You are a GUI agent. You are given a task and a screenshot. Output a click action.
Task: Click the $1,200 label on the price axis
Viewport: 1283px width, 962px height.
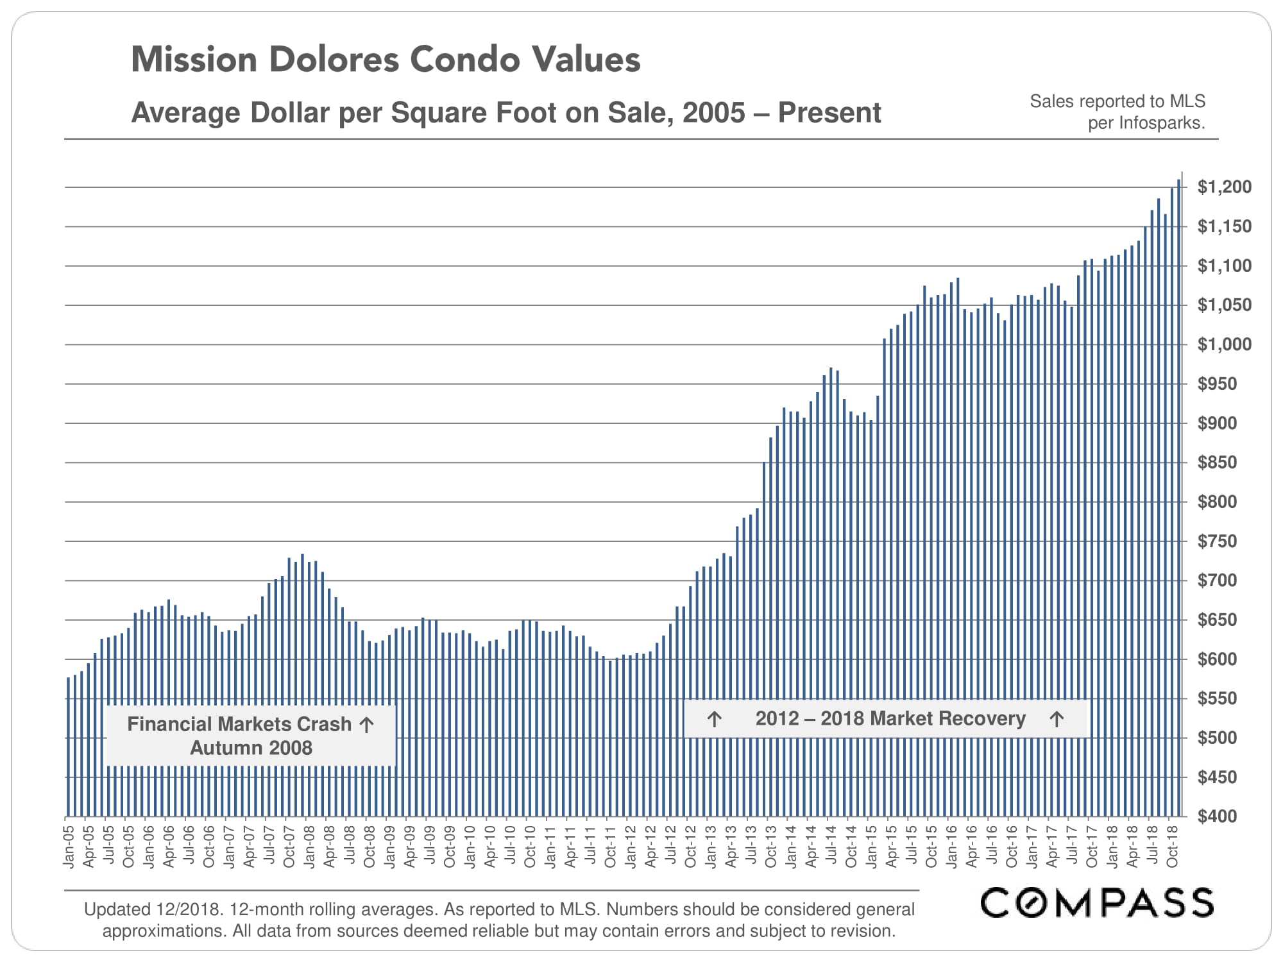tap(1224, 187)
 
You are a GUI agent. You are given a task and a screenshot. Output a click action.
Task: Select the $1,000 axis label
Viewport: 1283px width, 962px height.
tap(1224, 344)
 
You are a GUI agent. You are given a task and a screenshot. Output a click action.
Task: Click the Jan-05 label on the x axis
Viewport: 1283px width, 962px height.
tap(69, 847)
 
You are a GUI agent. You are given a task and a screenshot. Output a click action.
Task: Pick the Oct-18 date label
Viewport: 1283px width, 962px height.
tap(1171, 847)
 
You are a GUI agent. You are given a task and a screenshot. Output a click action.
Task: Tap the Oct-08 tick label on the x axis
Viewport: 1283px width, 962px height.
tap(370, 847)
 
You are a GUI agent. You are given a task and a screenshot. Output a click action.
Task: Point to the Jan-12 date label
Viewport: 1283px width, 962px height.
tap(630, 847)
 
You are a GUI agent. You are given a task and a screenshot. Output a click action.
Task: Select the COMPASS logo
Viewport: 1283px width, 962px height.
tap(1096, 902)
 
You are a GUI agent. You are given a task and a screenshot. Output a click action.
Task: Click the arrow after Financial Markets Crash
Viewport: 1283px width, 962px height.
tap(366, 725)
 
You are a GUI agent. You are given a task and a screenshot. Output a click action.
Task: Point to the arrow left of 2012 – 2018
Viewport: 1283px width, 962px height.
tap(714, 719)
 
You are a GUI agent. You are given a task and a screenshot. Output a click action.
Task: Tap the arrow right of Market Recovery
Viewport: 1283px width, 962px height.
tap(1057, 719)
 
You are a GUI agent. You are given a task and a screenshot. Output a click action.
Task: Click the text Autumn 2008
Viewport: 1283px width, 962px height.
tap(251, 748)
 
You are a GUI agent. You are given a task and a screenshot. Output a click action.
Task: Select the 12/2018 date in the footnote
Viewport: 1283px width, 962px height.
tap(189, 909)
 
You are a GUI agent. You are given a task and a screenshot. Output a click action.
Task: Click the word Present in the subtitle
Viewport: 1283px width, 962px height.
tap(829, 113)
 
